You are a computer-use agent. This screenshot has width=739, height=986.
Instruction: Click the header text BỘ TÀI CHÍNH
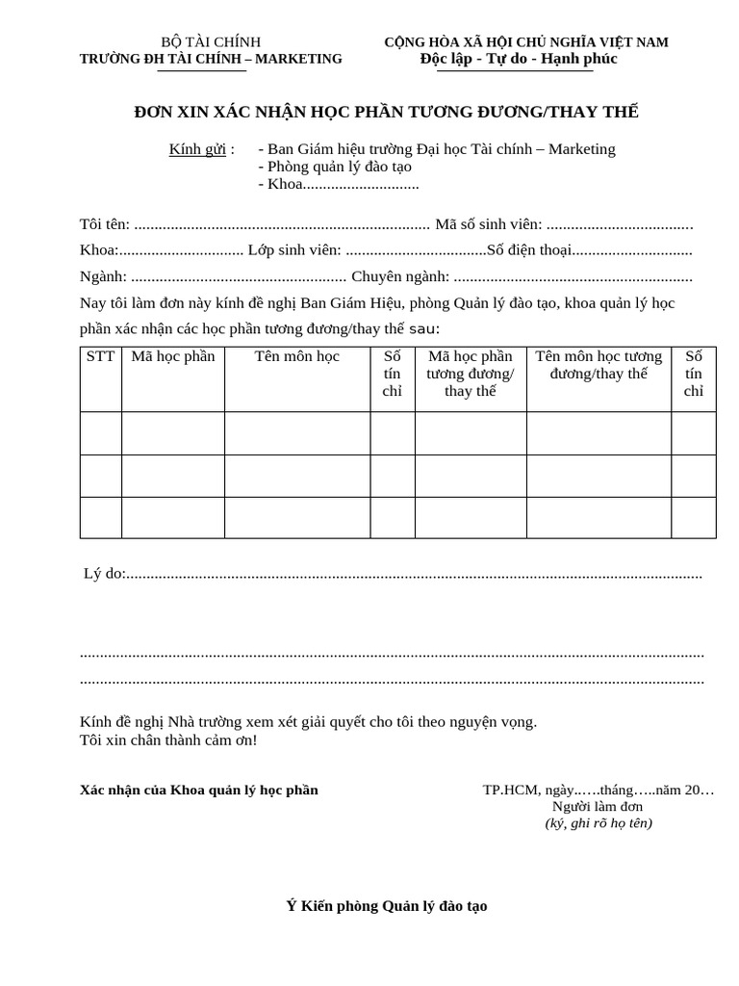click(211, 41)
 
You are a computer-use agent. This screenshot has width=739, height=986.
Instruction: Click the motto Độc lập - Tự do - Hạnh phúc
click(519, 59)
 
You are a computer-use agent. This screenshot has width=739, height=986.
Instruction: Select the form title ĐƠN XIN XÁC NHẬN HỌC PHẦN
click(386, 113)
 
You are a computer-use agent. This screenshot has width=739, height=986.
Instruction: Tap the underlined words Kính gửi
click(197, 149)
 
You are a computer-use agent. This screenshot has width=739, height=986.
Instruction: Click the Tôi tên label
click(104, 224)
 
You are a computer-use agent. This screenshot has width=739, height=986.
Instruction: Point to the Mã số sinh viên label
click(489, 224)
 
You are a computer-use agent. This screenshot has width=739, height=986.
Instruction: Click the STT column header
click(100, 356)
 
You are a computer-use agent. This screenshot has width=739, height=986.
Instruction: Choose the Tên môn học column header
click(297, 356)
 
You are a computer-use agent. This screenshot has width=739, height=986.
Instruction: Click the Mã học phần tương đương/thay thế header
click(471, 374)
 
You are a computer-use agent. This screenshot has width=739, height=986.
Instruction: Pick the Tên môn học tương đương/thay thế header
click(599, 365)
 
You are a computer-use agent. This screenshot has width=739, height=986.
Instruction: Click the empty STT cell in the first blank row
click(100, 433)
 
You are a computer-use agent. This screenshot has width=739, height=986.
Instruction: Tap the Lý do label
click(104, 574)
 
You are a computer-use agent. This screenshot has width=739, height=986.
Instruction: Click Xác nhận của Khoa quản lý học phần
click(198, 791)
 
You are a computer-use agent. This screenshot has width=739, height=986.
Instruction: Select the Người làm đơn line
click(598, 807)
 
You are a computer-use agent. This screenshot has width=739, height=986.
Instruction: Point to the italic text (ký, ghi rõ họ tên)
click(598, 823)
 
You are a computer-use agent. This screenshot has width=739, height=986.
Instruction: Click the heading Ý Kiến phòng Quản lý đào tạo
click(387, 906)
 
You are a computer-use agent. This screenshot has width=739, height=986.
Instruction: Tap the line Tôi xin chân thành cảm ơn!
click(168, 740)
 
